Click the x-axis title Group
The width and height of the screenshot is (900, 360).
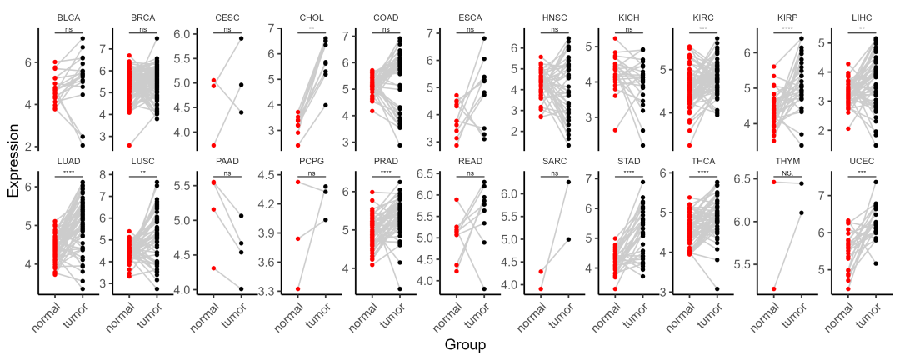[x=466, y=344]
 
